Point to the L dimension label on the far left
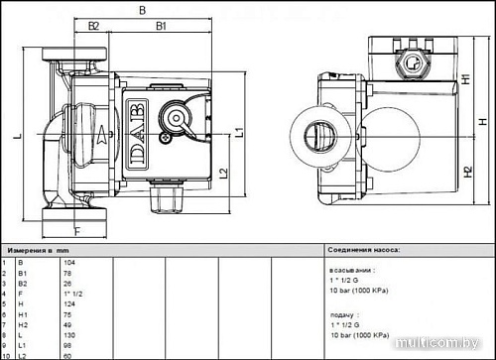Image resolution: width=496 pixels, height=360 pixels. [18, 137]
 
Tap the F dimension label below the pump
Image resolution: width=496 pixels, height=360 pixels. [76, 231]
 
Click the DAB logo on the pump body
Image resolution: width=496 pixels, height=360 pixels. [134, 129]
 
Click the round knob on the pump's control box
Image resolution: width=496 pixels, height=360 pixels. [178, 118]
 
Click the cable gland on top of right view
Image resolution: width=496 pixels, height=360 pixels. [409, 69]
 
